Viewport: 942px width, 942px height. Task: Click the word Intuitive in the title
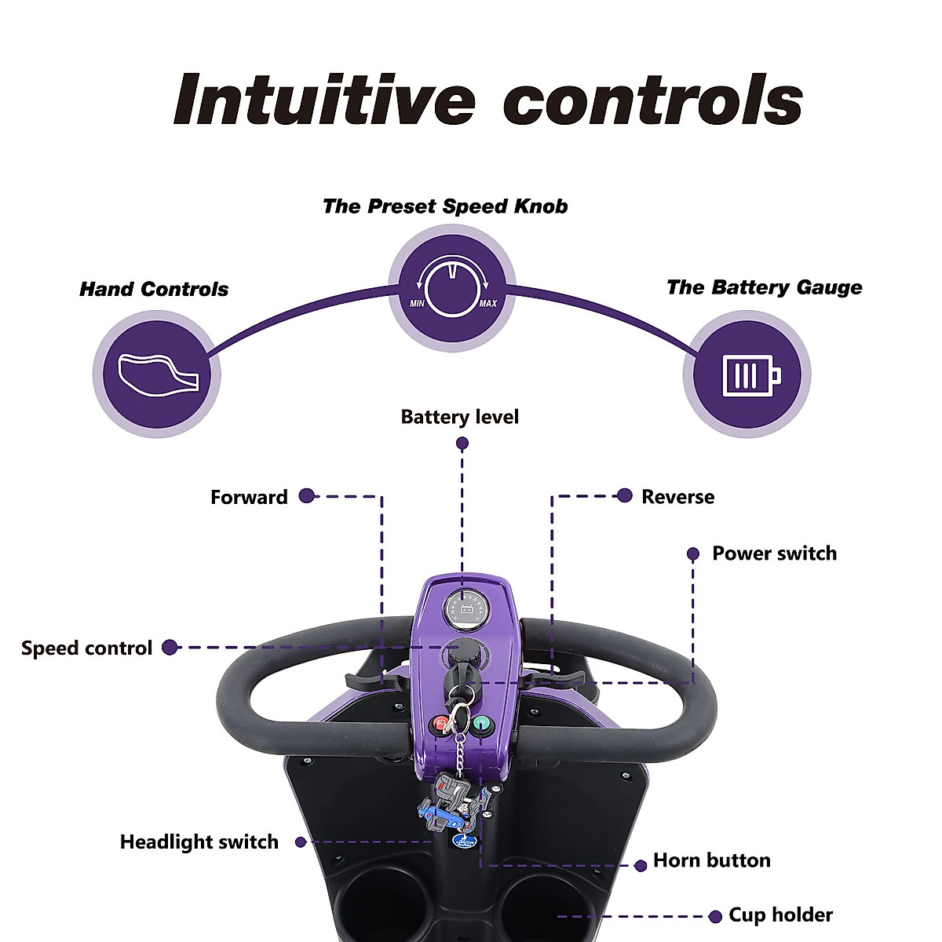324,100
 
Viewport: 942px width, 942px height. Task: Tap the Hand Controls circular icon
157,374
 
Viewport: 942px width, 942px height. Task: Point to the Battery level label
459,417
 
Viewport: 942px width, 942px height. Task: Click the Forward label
249,497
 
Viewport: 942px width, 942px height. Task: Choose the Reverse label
677,497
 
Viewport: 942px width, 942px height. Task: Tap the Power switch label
774,553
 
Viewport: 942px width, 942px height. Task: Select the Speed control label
86,648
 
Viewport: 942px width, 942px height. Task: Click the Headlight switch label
199,842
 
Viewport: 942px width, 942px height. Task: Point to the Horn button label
711,860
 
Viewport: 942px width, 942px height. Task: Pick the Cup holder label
780,915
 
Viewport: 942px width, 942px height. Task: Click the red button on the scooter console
440,724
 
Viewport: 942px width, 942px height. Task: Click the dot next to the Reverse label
625,495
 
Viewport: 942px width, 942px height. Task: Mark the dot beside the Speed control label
169,648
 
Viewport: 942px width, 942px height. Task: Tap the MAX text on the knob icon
487,304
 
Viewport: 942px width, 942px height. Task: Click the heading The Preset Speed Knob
445,206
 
